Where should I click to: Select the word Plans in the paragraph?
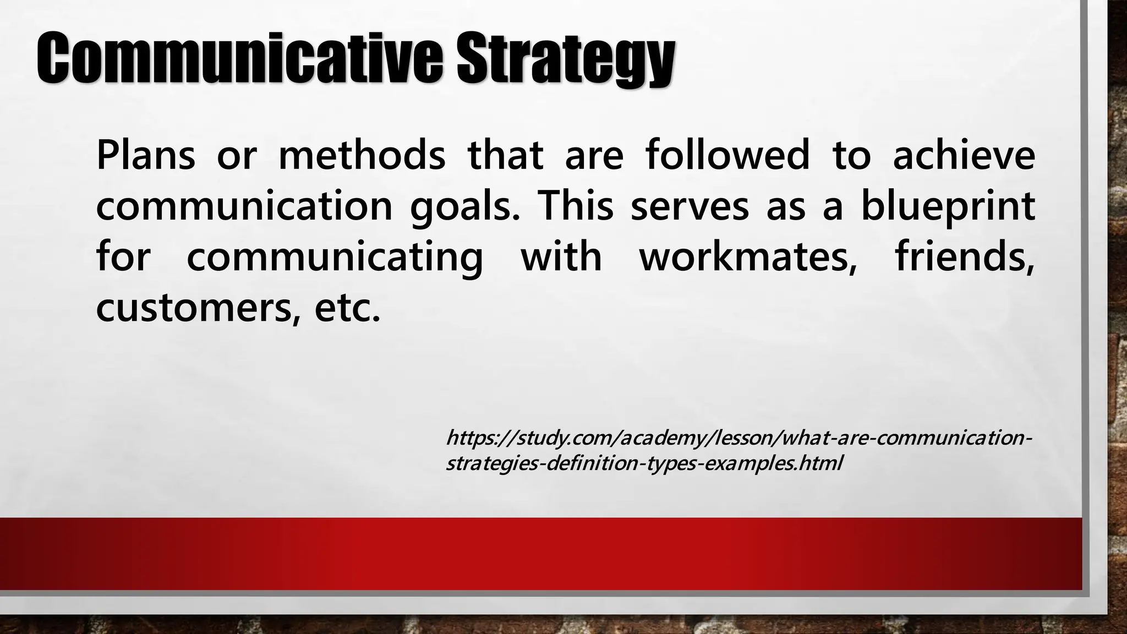(x=146, y=155)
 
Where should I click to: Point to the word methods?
(x=362, y=155)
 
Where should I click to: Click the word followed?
(x=727, y=155)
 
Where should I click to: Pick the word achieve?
(x=964, y=155)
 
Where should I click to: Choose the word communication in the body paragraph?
(x=244, y=206)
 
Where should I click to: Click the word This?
(x=576, y=206)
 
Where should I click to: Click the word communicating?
(x=335, y=258)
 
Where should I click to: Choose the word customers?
(x=197, y=309)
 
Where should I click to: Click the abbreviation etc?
(x=347, y=309)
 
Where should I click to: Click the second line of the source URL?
(x=644, y=463)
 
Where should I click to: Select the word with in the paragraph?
(x=561, y=257)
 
